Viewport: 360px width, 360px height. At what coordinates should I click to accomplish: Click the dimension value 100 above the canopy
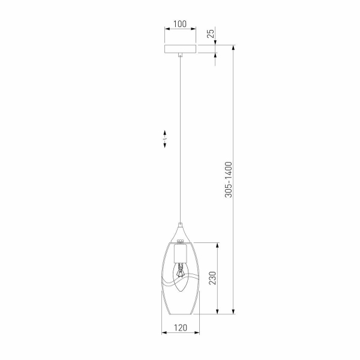[x=179, y=25]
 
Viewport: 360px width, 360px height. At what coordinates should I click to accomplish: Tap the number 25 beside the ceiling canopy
[x=211, y=34]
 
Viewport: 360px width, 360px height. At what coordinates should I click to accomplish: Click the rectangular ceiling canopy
[x=180, y=49]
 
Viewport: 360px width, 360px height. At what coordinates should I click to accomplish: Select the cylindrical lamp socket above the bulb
[x=179, y=254]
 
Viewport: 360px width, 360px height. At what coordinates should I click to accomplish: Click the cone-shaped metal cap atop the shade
[x=180, y=231]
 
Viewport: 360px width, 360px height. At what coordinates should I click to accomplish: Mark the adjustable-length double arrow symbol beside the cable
[x=163, y=139]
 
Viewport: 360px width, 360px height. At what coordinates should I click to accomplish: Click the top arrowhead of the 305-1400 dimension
[x=233, y=46]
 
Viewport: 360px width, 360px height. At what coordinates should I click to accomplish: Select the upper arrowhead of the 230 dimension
[x=217, y=244]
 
